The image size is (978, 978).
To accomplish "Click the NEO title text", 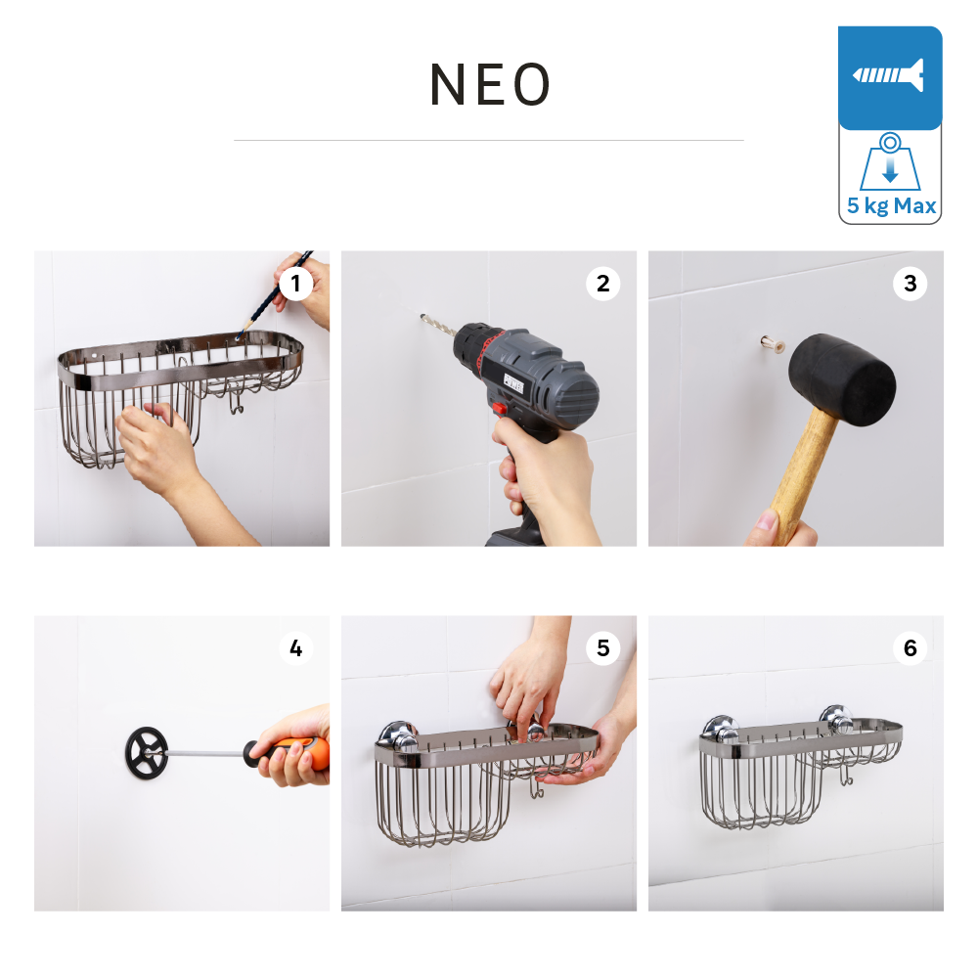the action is coord(490,84).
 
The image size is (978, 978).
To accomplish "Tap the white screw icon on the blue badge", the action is coord(889,75).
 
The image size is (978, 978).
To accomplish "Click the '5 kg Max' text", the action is coord(891,205).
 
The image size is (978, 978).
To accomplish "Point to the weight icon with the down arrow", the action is coord(890,162).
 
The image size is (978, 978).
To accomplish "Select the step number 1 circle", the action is coord(295,284).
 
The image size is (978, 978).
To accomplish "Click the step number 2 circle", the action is coord(602,284).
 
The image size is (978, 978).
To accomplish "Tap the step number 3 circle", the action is coord(910,284).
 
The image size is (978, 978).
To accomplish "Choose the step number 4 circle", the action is coord(295,648).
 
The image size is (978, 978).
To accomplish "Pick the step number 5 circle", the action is coord(602,648).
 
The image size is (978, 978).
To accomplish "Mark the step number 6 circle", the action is coord(910,648).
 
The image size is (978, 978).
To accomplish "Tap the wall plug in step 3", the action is coord(773,343).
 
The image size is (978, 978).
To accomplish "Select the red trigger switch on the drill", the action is coord(499,409).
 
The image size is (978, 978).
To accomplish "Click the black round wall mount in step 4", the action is coord(147,753).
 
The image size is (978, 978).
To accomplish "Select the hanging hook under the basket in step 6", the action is coord(845,776).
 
